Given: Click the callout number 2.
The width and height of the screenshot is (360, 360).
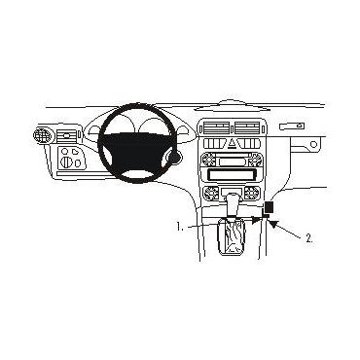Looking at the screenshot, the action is coord(308,236).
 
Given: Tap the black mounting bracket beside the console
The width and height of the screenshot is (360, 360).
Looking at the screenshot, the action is coord(270,207).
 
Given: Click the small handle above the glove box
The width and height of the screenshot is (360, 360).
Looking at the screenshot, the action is coord(292,126).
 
